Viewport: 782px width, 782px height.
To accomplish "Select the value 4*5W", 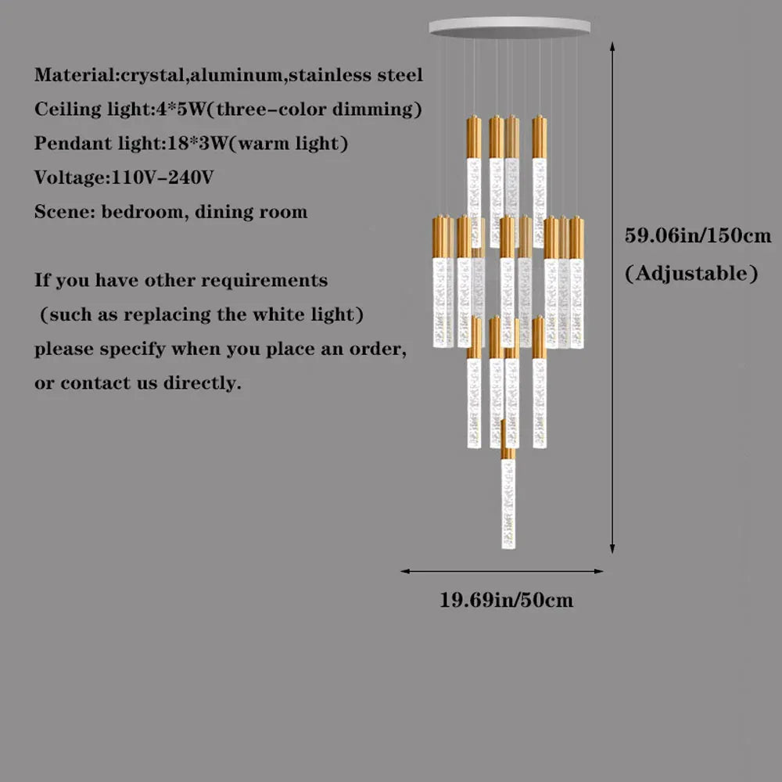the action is pyautogui.click(x=180, y=109).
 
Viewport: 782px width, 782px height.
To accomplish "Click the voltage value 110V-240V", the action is pyautogui.click(x=163, y=177).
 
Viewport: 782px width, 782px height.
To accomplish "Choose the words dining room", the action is pyautogui.click(x=251, y=212).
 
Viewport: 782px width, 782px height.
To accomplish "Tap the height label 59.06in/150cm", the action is pyautogui.click(x=698, y=235).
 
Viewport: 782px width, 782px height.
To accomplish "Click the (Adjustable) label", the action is pyautogui.click(x=691, y=273).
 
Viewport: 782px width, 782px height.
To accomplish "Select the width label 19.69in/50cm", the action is pyautogui.click(x=506, y=600).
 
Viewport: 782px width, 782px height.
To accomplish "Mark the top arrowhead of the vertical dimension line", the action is pyautogui.click(x=612, y=46).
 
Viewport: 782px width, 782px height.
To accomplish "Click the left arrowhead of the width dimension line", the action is pyautogui.click(x=405, y=571).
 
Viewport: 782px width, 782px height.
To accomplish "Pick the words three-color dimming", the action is pyautogui.click(x=319, y=109).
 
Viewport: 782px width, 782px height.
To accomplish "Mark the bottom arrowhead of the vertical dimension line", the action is pyautogui.click(x=612, y=549).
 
